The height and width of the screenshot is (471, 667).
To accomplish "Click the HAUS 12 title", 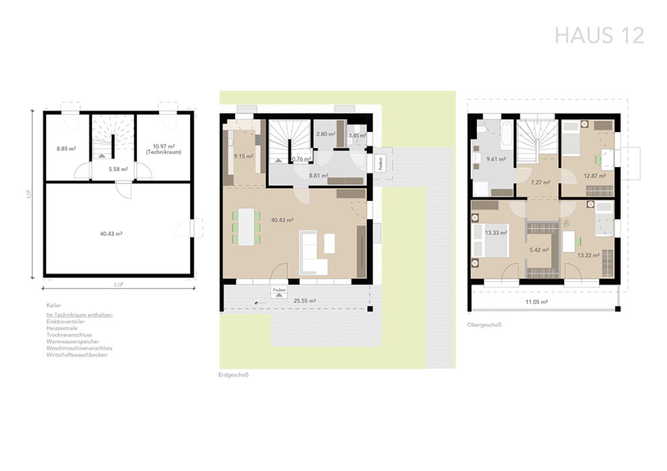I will coord(599,34).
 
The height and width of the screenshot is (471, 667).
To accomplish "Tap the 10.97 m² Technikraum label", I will coord(167,149).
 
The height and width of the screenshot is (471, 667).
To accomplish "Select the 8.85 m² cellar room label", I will coord(66,149).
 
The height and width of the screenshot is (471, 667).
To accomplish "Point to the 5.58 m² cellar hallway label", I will coord(118,169).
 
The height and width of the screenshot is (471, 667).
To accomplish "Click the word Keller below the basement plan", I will coord(53,305).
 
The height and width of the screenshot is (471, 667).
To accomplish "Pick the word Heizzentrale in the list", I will coord(62,329).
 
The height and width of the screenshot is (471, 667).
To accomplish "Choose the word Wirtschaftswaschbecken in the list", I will coord(77,355).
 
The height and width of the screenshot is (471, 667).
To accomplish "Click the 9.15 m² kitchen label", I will coord(244,156).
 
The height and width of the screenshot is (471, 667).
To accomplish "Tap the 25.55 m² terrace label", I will coord(304,301).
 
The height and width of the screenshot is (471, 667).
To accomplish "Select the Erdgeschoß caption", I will coord(234,375).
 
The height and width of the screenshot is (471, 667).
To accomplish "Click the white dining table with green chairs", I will coord(246,226).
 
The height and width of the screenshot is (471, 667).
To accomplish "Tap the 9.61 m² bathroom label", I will coord(496,158).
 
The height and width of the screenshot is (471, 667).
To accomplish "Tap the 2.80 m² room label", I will coord(325,135).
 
